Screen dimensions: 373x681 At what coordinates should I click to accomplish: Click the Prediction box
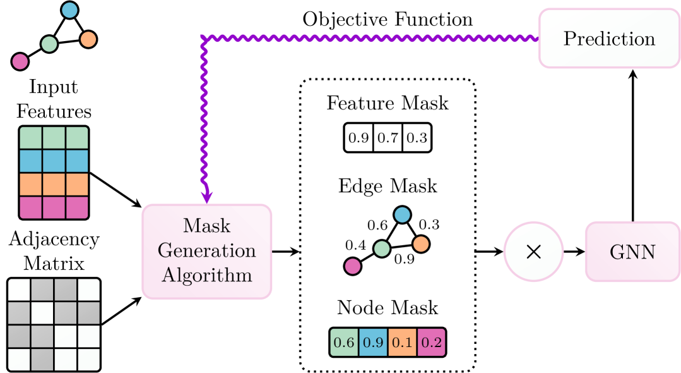tap(608, 39)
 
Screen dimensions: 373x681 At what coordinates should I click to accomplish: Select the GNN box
tap(632, 252)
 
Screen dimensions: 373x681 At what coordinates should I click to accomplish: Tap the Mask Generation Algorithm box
tap(207, 251)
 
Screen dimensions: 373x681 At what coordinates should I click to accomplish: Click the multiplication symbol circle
tap(533, 252)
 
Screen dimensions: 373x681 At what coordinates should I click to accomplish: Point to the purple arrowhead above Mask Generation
tap(206, 195)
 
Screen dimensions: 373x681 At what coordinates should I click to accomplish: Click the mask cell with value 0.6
tap(345, 343)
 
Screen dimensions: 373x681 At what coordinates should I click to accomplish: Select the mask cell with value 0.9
tap(374, 343)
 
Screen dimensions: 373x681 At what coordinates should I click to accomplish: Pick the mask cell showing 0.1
tap(402, 343)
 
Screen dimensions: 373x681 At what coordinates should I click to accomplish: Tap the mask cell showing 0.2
tap(431, 343)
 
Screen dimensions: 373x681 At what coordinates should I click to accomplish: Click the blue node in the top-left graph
tap(70, 10)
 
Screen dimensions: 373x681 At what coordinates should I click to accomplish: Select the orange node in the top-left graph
tap(88, 39)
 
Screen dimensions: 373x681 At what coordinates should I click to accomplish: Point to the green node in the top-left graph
tap(49, 44)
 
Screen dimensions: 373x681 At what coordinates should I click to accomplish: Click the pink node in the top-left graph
tap(20, 61)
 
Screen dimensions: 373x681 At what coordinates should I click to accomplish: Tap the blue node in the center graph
tap(402, 215)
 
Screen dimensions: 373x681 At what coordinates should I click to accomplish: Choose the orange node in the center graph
tap(421, 244)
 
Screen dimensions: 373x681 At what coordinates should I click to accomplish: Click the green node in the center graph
tap(382, 248)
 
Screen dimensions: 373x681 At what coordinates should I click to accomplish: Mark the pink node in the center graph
tap(353, 266)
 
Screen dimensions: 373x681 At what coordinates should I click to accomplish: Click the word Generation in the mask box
tap(207, 251)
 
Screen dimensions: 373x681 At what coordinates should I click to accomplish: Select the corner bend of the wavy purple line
tap(204, 39)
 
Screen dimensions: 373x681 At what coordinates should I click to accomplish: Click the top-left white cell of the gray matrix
tap(19, 290)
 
